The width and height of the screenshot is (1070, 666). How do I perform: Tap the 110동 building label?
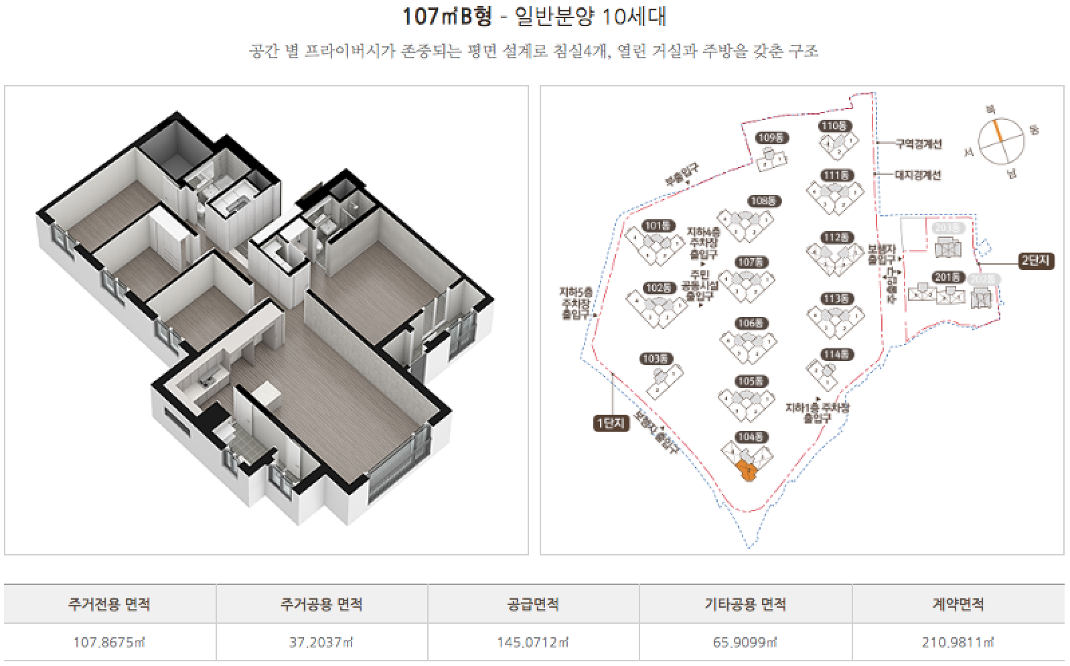pyautogui.click(x=834, y=126)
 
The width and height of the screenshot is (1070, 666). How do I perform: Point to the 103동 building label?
pyautogui.click(x=656, y=359)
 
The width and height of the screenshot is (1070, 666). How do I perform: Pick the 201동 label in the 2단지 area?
pyautogui.click(x=947, y=277)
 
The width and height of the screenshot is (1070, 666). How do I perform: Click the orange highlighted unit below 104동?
pyautogui.click(x=747, y=472)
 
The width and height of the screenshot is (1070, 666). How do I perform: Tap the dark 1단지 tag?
pyautogui.click(x=611, y=423)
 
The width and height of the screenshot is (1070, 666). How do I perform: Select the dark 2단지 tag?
pyautogui.click(x=1035, y=261)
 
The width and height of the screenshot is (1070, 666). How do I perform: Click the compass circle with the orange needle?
pyautogui.click(x=1001, y=141)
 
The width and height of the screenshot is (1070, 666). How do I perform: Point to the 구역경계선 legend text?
pyautogui.click(x=918, y=143)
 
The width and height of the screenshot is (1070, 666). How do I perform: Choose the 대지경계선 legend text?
pyautogui.click(x=918, y=175)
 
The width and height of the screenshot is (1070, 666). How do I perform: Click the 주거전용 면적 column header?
pyautogui.click(x=109, y=604)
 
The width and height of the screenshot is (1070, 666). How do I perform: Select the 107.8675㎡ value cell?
pyautogui.click(x=109, y=642)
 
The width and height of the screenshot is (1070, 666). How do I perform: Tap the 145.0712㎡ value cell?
pyautogui.click(x=533, y=642)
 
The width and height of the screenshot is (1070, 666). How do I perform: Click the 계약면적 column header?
pyautogui.click(x=958, y=604)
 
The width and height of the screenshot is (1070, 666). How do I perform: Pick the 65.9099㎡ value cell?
pyautogui.click(x=745, y=642)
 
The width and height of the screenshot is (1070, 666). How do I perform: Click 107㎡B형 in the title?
pyautogui.click(x=447, y=16)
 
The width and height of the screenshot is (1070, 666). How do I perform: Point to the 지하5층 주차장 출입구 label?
pyautogui.click(x=576, y=303)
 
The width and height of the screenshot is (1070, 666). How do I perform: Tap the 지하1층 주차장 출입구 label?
pyautogui.click(x=817, y=412)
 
